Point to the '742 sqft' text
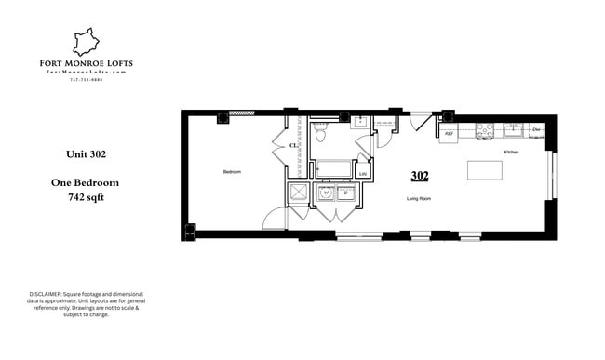tap(85, 197)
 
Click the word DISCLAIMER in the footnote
tap(47, 295)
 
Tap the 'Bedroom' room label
tap(232, 173)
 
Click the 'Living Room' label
tap(420, 198)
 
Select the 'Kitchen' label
tap(511, 152)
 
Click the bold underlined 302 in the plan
tap(419, 174)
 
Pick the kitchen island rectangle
tap(484, 170)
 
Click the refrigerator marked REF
tap(448, 133)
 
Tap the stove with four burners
tap(484, 131)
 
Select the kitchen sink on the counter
tap(512, 128)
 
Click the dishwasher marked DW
tap(536, 129)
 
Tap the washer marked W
tap(326, 193)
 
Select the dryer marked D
tap(345, 193)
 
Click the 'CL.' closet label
tap(292, 145)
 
